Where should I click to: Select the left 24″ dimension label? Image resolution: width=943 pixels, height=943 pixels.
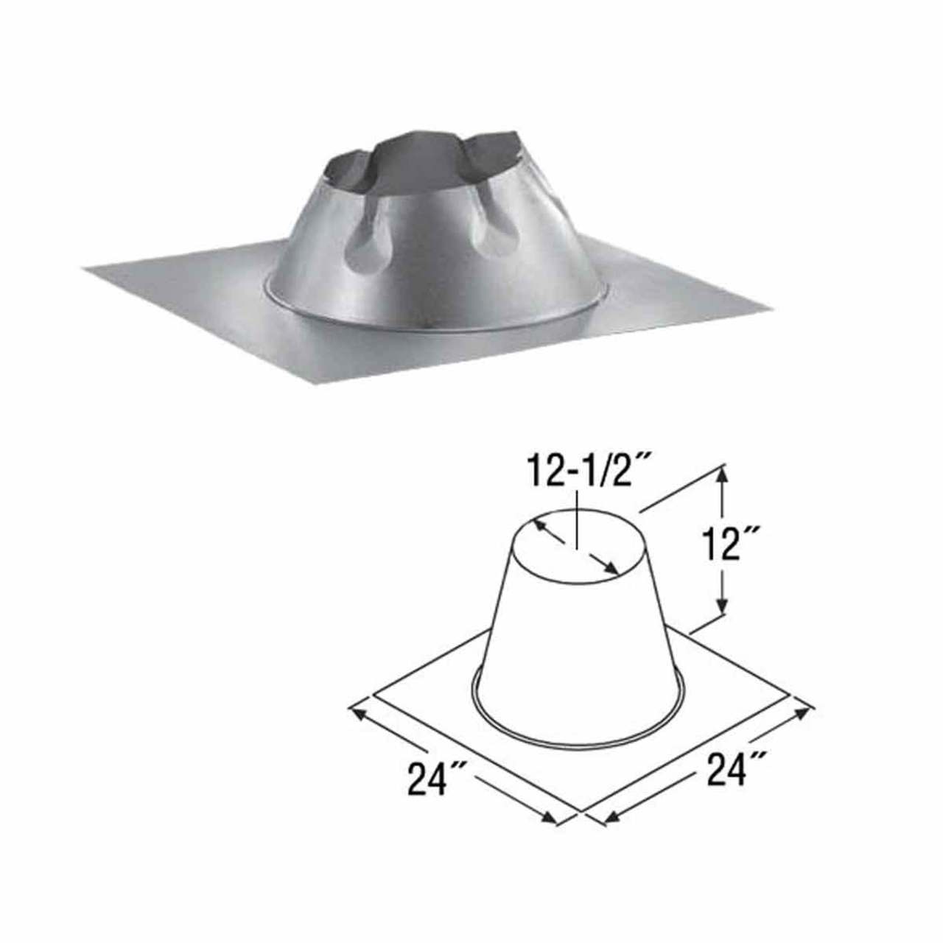tap(435, 780)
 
